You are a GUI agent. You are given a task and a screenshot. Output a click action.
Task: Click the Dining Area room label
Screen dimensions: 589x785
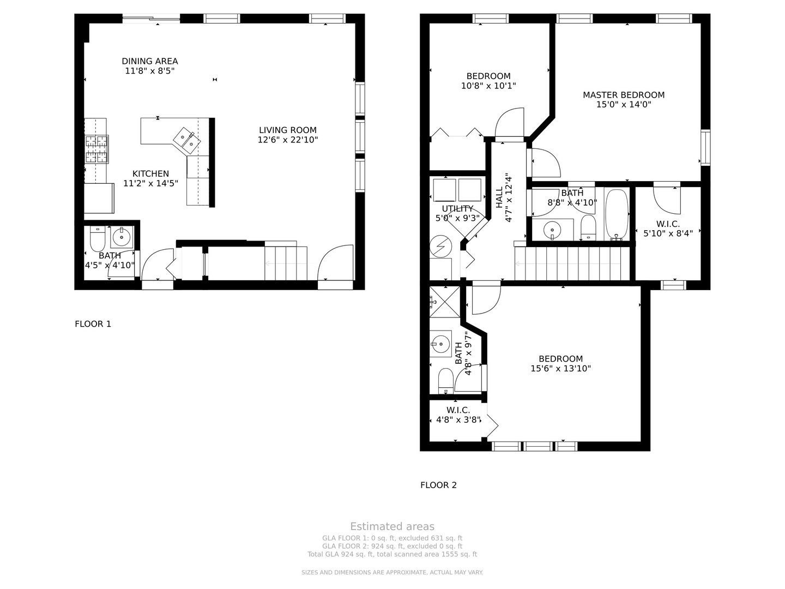[x=149, y=61]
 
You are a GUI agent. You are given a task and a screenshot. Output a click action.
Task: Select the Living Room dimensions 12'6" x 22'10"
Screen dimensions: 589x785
[x=287, y=140]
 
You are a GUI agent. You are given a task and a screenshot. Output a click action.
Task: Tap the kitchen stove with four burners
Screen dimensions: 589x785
[x=96, y=149]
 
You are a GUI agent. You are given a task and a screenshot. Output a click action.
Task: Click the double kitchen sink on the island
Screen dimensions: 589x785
[x=186, y=140]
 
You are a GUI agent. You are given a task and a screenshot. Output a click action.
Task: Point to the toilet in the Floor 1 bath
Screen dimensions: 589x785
[x=97, y=238]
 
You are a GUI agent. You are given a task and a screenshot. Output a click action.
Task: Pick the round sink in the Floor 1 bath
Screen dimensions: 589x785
[x=122, y=237]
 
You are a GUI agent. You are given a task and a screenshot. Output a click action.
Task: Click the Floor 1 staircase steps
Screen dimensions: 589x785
[x=286, y=263]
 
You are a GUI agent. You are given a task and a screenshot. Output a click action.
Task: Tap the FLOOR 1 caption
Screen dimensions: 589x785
[x=93, y=324]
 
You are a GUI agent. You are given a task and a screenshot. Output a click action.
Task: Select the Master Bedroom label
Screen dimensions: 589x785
[x=624, y=95]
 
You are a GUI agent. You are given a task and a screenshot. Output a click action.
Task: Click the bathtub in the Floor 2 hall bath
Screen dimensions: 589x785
[x=617, y=214]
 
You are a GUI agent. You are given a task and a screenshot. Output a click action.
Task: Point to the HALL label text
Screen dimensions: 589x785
[x=499, y=197]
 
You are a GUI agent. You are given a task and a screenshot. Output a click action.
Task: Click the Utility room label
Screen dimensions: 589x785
[x=457, y=208]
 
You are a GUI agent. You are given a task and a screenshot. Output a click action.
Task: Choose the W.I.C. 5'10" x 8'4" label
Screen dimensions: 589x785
[x=668, y=224]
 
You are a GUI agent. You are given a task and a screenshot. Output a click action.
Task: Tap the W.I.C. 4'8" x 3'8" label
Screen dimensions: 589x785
[x=457, y=410]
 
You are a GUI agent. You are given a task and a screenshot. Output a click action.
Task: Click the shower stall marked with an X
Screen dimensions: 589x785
[x=444, y=301]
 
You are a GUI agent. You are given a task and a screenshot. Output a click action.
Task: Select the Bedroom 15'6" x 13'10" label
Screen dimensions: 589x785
[x=560, y=359]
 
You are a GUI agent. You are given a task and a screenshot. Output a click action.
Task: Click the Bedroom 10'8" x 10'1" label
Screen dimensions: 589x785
[x=488, y=76]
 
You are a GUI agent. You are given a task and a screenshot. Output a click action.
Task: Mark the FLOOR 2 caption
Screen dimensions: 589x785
[x=438, y=485]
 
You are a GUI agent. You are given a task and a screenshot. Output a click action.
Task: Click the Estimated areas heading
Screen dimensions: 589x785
[x=392, y=526]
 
